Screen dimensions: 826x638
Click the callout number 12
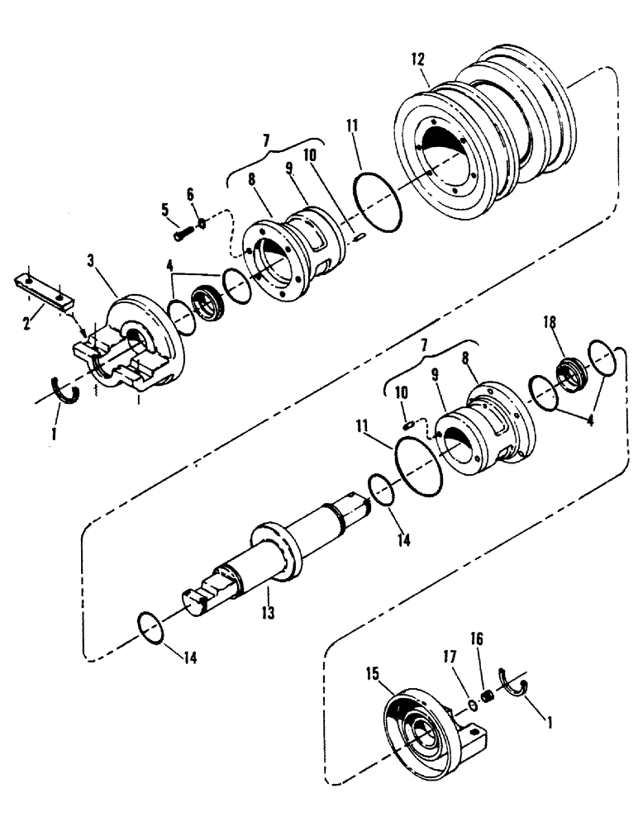pyautogui.click(x=417, y=59)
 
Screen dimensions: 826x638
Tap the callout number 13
pyautogui.click(x=269, y=614)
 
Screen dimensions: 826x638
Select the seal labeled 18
pyautogui.click(x=569, y=374)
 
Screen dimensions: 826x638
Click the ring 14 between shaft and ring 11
pyautogui.click(x=381, y=490)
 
